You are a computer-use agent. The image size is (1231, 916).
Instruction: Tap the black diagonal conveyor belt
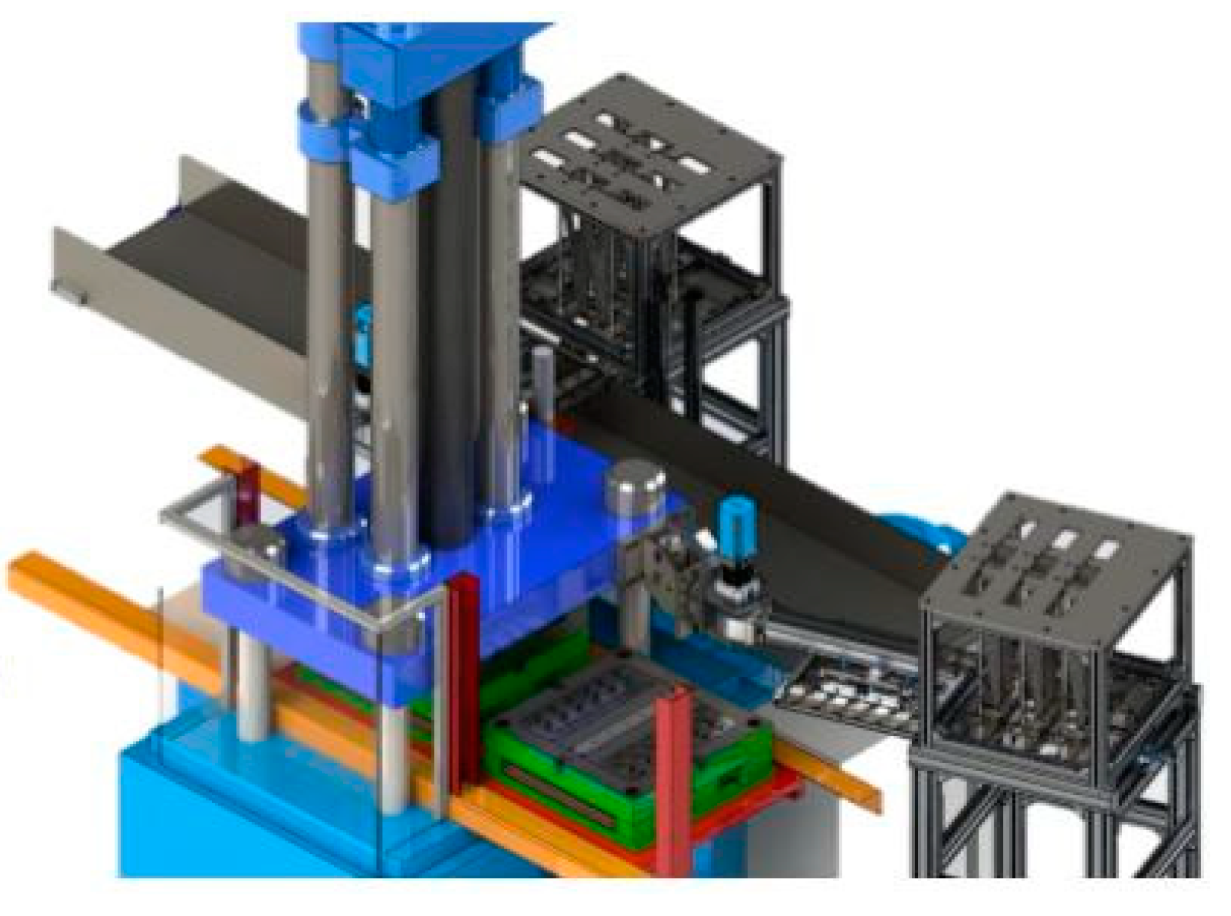(x=747, y=486)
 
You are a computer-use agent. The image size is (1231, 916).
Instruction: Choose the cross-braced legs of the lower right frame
(x=1061, y=822)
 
